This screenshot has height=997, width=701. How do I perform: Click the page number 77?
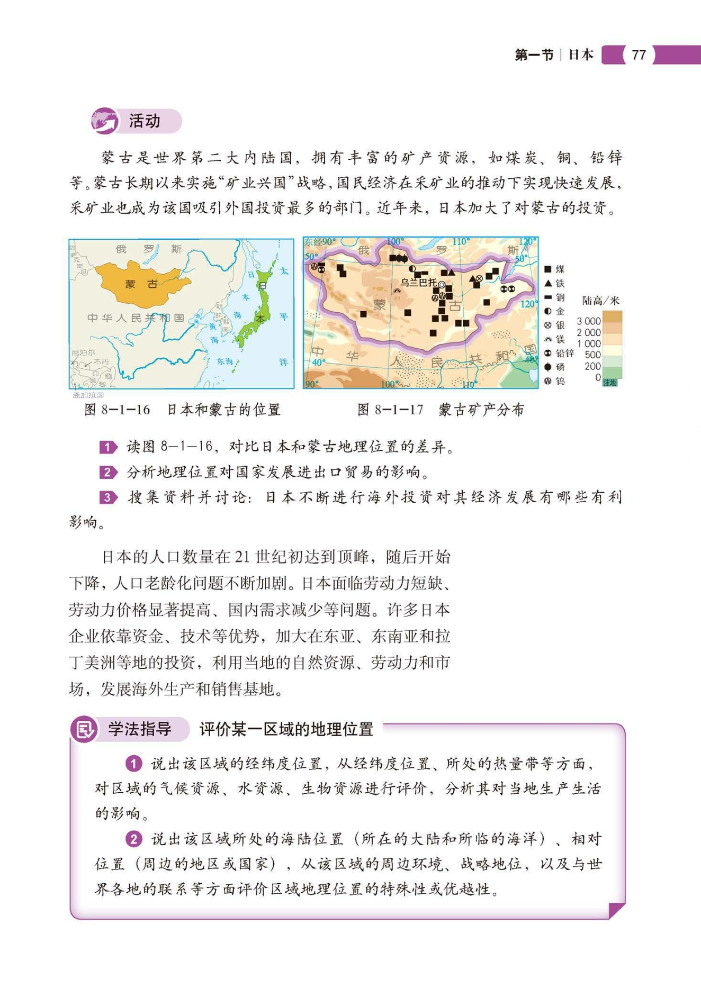639,55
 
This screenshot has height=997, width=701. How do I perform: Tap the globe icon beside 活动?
104,121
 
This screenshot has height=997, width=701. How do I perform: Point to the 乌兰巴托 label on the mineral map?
418,283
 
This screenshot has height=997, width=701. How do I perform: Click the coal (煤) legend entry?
554,269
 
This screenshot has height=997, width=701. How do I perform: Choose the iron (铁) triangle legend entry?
554,284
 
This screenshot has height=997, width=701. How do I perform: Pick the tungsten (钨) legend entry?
554,381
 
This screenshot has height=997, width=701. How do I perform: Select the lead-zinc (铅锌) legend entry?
560,353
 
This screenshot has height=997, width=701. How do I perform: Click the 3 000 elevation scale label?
588,321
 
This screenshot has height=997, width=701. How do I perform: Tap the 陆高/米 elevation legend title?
600,301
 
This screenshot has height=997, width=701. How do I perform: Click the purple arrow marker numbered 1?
108,447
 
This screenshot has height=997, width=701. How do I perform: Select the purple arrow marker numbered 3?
108,497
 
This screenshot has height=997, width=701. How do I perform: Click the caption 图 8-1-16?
118,410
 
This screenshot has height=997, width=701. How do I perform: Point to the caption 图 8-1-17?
390,410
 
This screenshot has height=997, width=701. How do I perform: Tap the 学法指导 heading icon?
84,730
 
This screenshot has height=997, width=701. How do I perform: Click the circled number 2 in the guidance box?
133,839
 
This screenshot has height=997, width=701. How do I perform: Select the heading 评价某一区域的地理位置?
286,729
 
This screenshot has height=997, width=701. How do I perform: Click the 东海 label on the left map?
224,361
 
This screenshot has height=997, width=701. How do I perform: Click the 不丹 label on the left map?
101,362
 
